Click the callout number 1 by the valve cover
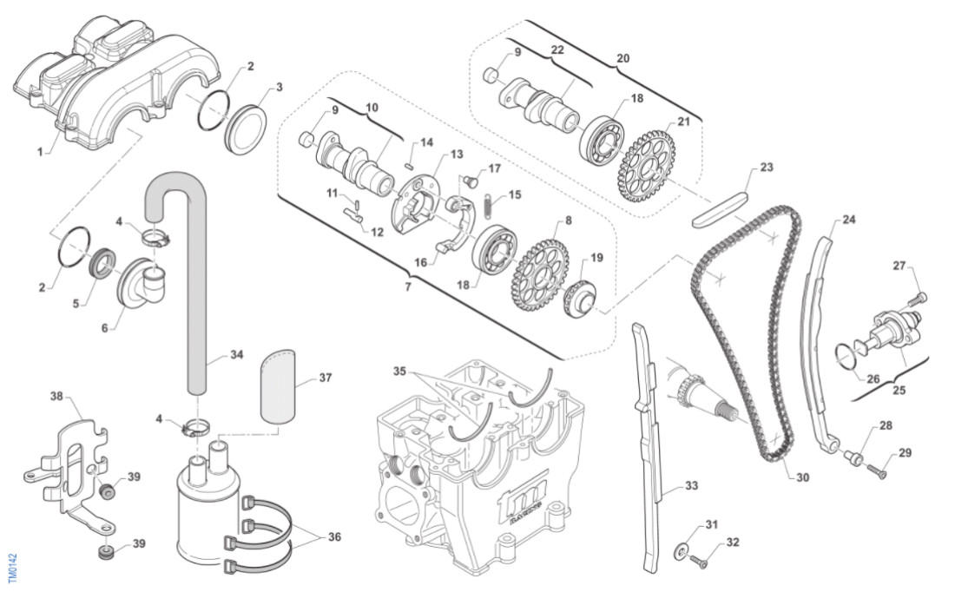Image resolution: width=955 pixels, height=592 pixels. tap(40, 151)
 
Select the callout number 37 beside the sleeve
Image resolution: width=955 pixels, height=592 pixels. tap(326, 378)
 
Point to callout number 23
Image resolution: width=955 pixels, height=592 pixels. tap(767, 167)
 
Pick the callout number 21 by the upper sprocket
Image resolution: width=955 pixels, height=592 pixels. tap(684, 122)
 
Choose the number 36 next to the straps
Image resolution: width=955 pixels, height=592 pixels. tap(333, 537)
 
